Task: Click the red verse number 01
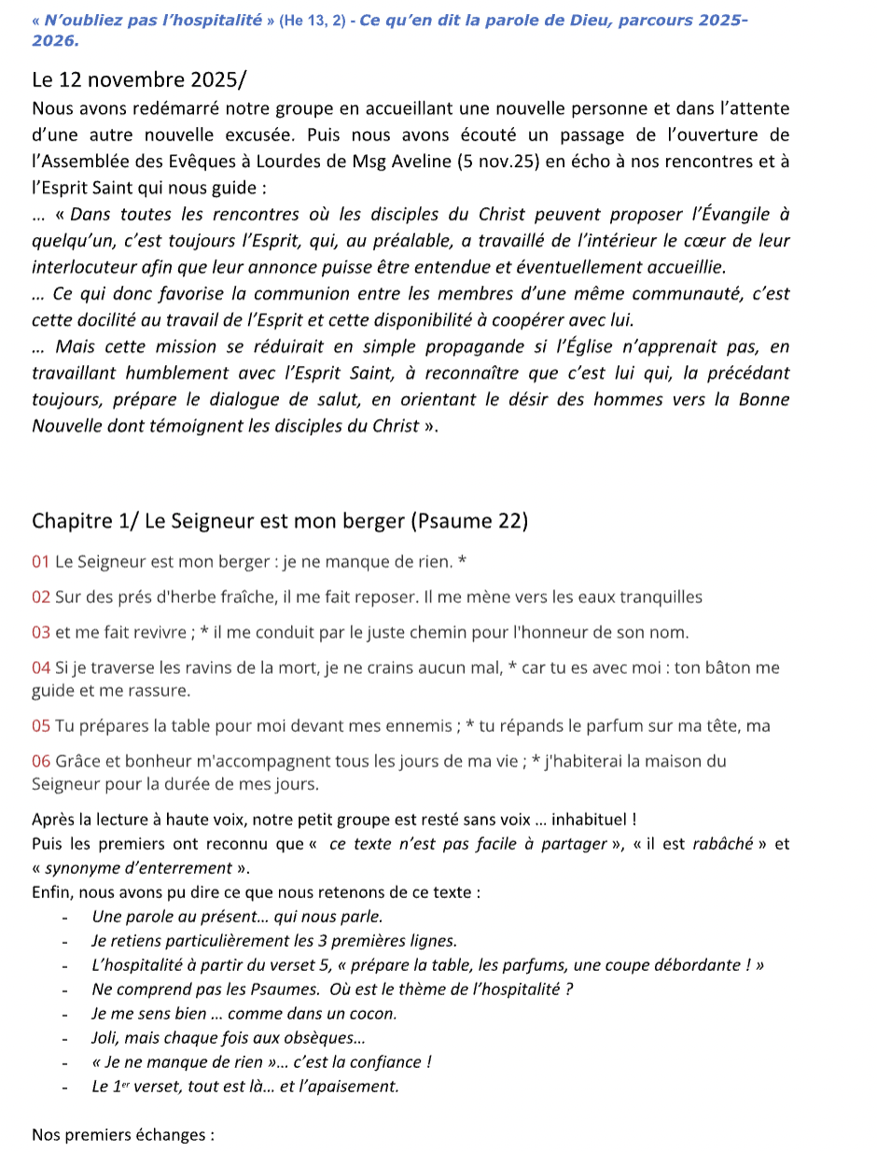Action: tap(41, 562)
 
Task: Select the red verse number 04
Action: tap(41, 667)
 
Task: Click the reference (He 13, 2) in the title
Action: tap(302, 21)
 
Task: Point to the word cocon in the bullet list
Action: tap(375, 1013)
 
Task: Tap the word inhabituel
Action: tap(591, 821)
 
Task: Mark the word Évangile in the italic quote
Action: tap(741, 215)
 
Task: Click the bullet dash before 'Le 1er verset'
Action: tap(66, 1087)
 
